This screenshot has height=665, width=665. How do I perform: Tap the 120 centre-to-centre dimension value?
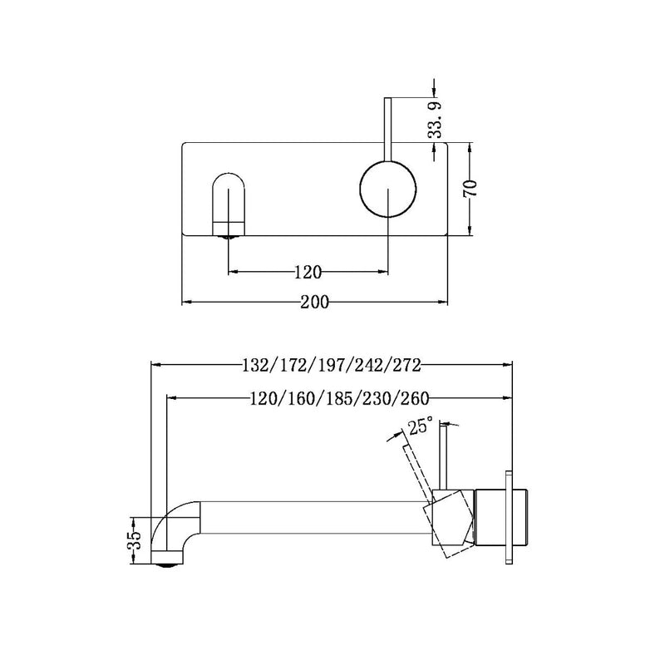pyautogui.click(x=308, y=271)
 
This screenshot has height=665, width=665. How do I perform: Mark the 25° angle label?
pyautogui.click(x=420, y=427)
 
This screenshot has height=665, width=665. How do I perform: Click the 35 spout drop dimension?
pyautogui.click(x=138, y=539)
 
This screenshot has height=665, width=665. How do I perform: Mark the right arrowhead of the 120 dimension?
pyautogui.click(x=384, y=271)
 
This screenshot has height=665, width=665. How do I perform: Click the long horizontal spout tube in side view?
pyautogui.click(x=316, y=520)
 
